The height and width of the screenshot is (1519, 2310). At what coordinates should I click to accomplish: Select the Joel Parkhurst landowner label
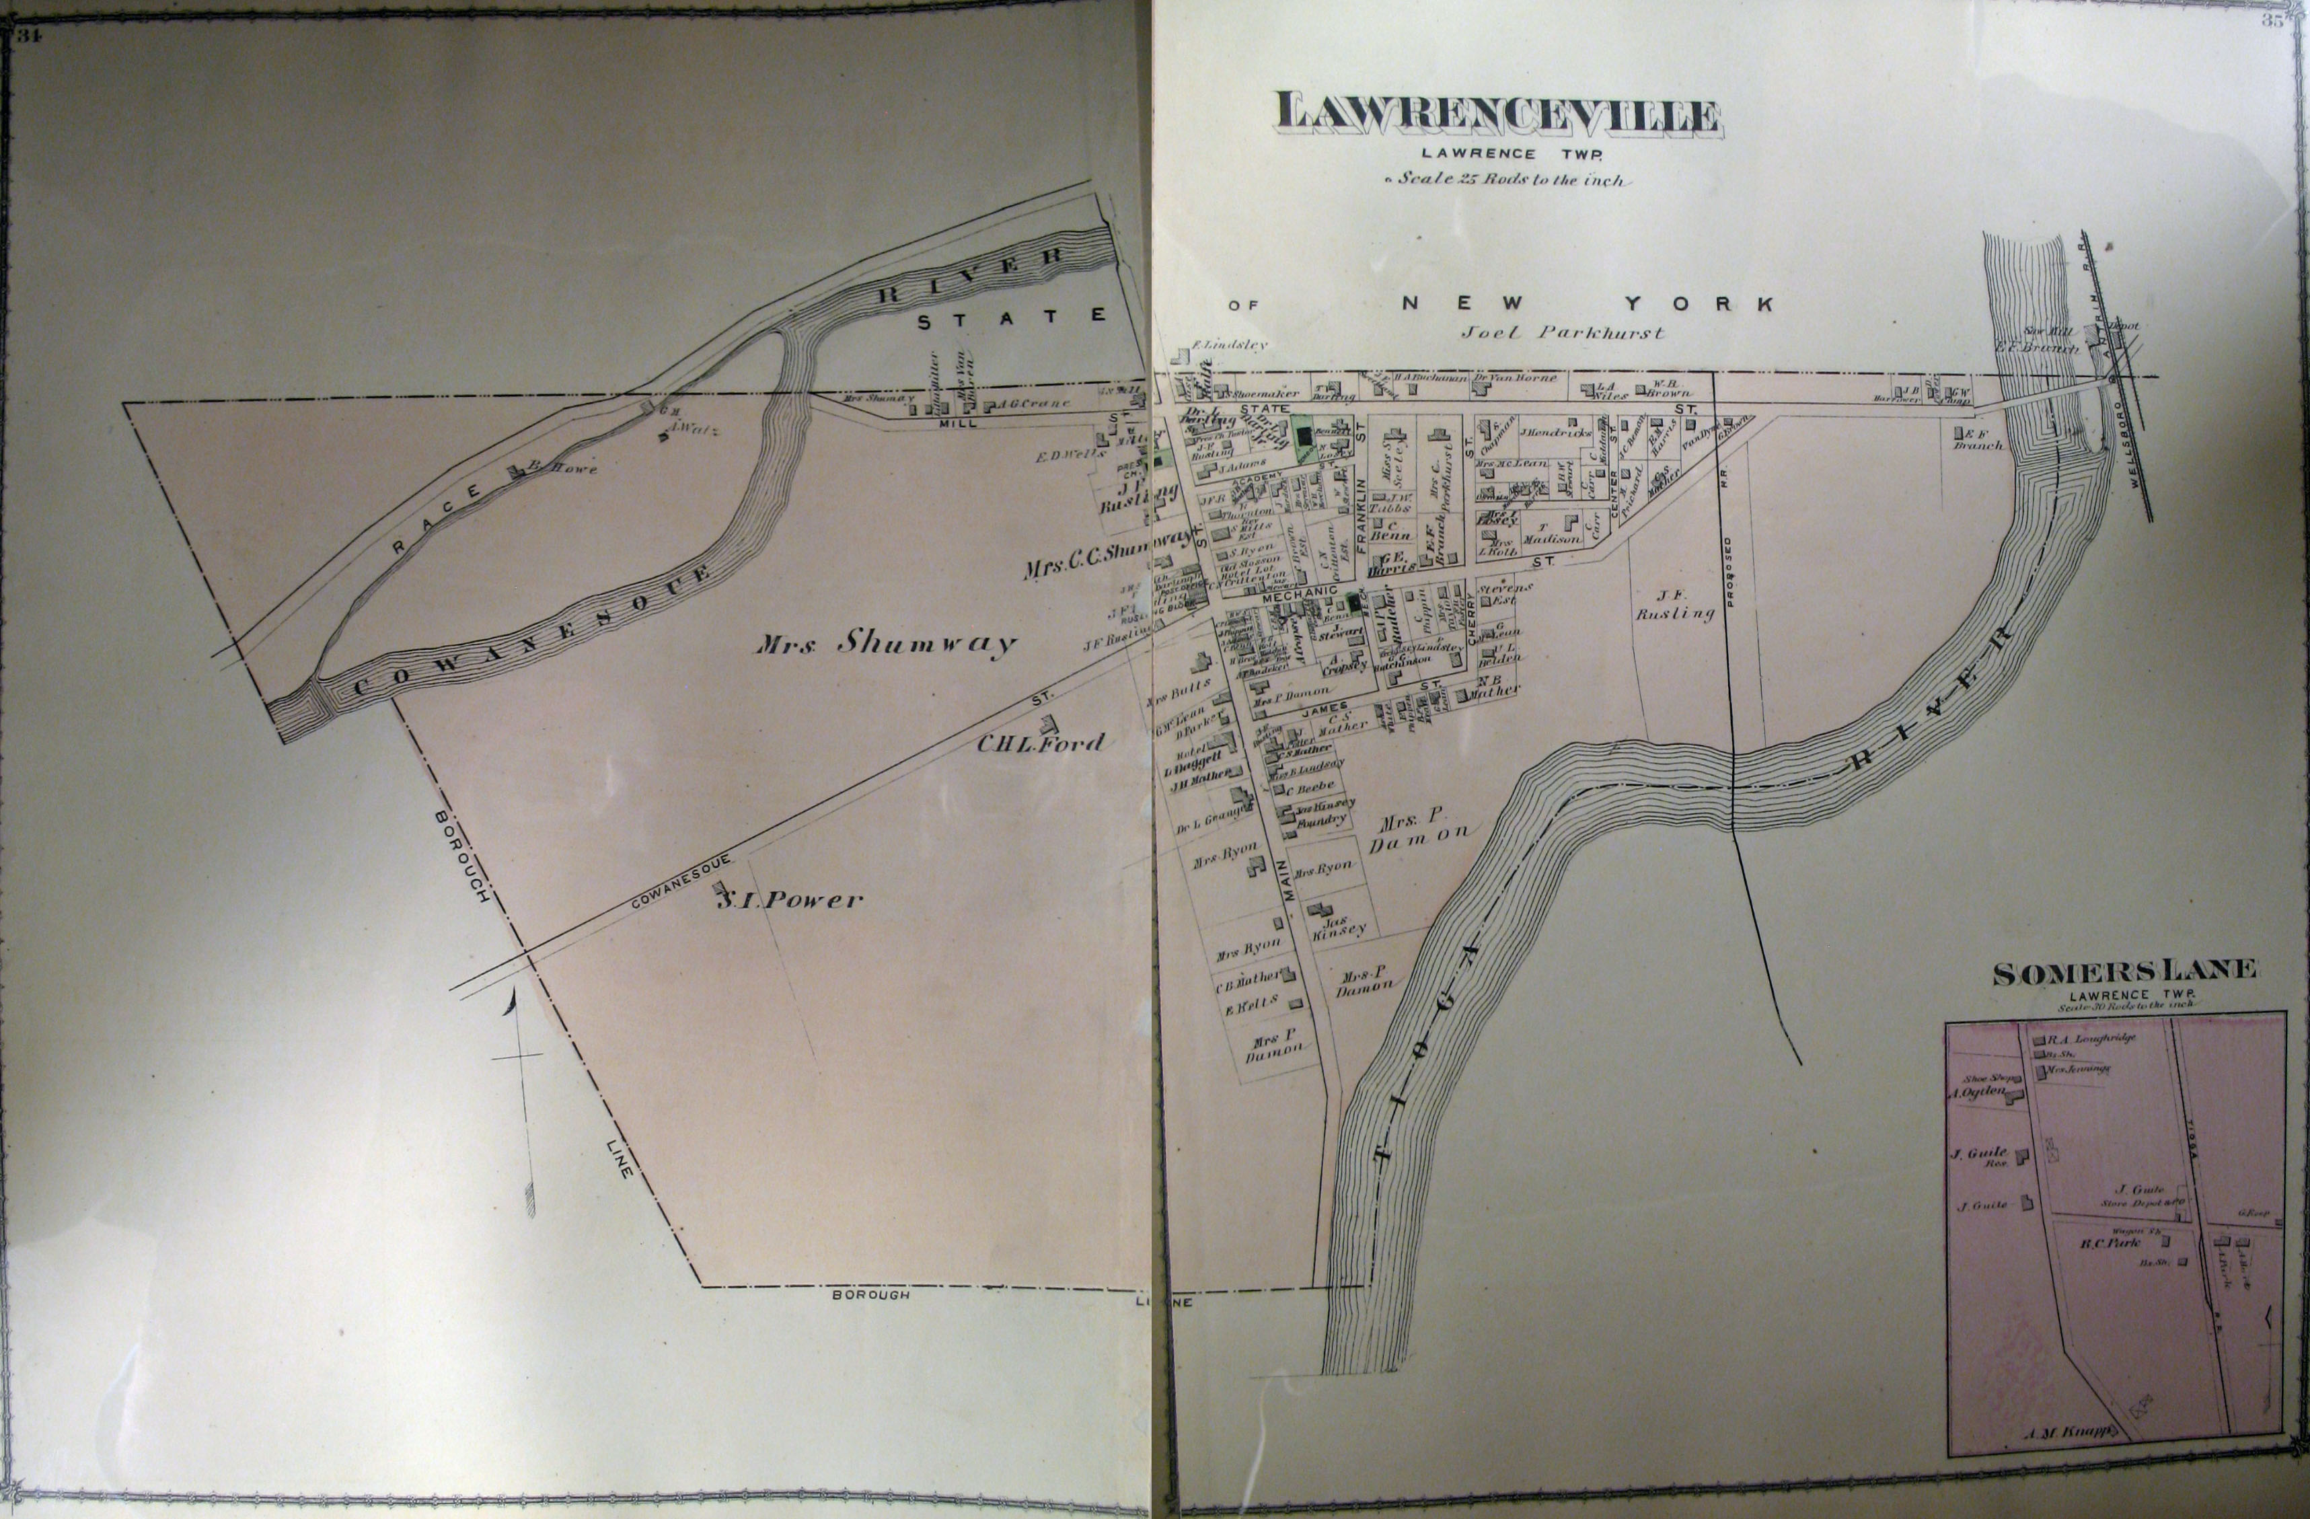(1563, 333)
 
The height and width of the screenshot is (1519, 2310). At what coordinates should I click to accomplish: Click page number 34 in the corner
(29, 37)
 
